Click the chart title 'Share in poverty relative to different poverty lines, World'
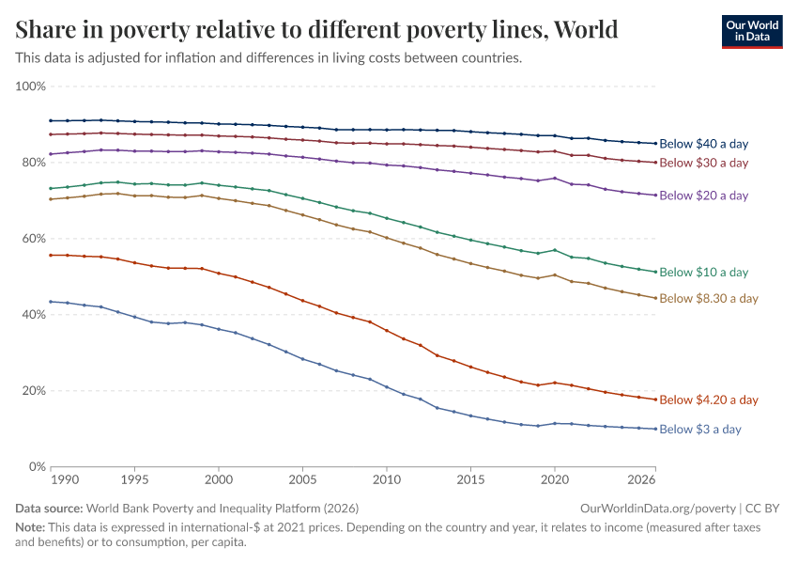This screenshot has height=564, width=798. point(317,29)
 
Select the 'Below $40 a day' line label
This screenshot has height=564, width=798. point(703,144)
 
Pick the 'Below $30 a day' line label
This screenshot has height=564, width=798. point(703,163)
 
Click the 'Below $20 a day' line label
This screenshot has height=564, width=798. point(703,196)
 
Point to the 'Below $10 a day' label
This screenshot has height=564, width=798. point(703,272)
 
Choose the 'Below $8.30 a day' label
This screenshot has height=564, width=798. point(709,298)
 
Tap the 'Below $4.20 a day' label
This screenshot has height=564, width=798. point(709,399)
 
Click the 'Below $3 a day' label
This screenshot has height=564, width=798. point(699,429)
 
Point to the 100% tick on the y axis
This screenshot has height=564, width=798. point(30,86)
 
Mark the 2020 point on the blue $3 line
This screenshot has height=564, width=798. point(555,423)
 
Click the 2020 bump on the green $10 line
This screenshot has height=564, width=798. point(555,250)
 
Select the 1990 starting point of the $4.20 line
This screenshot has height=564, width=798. point(51,255)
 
